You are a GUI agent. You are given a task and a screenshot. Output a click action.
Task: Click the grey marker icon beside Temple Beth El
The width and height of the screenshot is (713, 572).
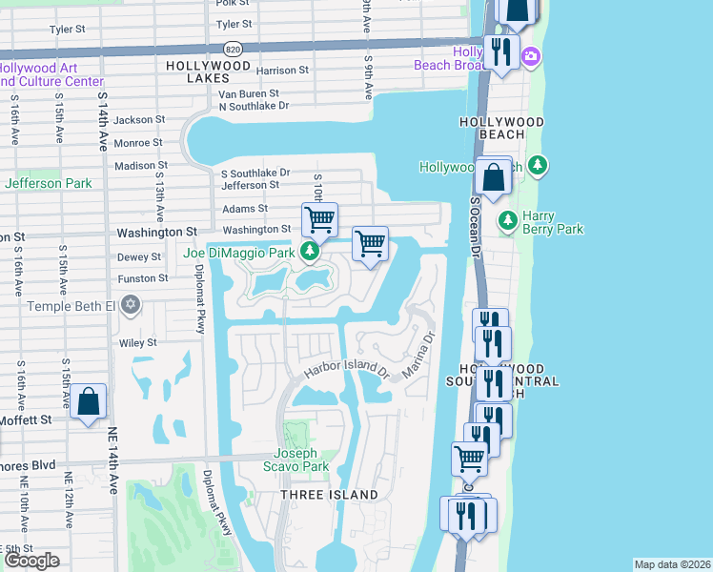(131, 306)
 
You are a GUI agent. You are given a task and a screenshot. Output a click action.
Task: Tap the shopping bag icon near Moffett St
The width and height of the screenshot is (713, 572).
(88, 402)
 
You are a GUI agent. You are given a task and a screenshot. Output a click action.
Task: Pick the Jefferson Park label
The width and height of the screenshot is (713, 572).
(48, 183)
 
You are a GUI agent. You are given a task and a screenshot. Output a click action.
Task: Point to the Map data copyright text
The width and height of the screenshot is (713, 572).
(672, 564)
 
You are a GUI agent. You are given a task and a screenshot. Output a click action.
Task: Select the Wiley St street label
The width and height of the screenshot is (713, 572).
(138, 342)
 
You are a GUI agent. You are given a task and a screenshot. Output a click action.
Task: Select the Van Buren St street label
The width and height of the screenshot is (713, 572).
(248, 94)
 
